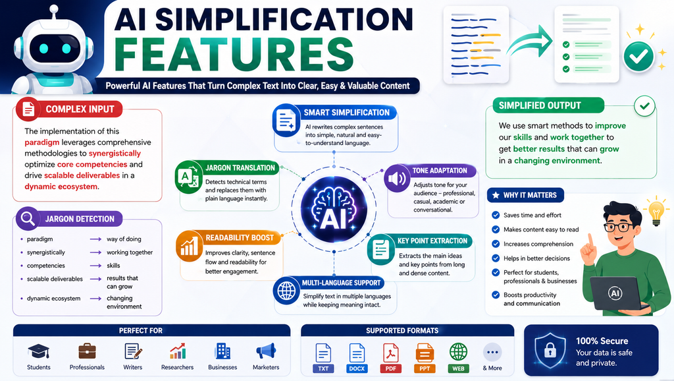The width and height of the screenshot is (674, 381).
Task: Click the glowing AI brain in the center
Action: (334, 210)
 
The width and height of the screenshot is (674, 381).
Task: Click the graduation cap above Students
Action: (39, 351)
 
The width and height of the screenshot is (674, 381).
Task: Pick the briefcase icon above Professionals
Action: (88, 351)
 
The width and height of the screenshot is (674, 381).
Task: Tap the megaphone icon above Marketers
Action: (266, 351)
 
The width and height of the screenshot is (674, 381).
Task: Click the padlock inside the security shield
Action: (550, 351)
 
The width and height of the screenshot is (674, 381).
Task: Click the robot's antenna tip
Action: (54, 9)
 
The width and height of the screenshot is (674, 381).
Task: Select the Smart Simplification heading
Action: (346, 113)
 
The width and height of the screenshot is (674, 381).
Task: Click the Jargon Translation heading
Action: (240, 168)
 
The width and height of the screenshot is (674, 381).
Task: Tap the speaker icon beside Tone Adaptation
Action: (397, 178)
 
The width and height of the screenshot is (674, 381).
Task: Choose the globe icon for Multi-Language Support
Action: (286, 291)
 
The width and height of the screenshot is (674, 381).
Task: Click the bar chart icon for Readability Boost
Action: (189, 247)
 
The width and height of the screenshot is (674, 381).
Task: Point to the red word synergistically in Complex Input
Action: (115, 154)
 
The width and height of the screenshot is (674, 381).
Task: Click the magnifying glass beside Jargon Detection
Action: (28, 218)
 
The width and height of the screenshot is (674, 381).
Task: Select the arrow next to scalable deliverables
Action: (95, 279)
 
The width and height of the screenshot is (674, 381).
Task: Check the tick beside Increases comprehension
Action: (496, 244)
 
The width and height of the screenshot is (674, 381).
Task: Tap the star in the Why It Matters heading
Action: (496, 196)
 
